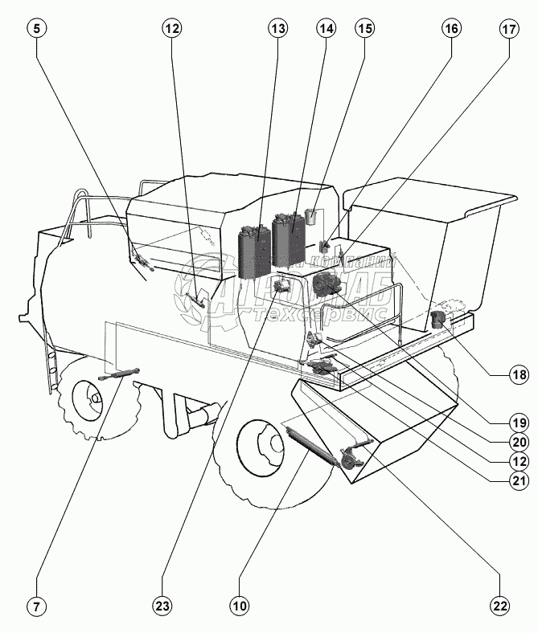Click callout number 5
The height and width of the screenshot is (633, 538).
[x=38, y=29]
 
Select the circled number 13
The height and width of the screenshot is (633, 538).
[x=277, y=29]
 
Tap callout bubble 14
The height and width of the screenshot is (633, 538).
[x=325, y=29]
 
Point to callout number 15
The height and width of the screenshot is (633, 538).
[x=365, y=29]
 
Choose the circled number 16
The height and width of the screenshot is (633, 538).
[x=450, y=29]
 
